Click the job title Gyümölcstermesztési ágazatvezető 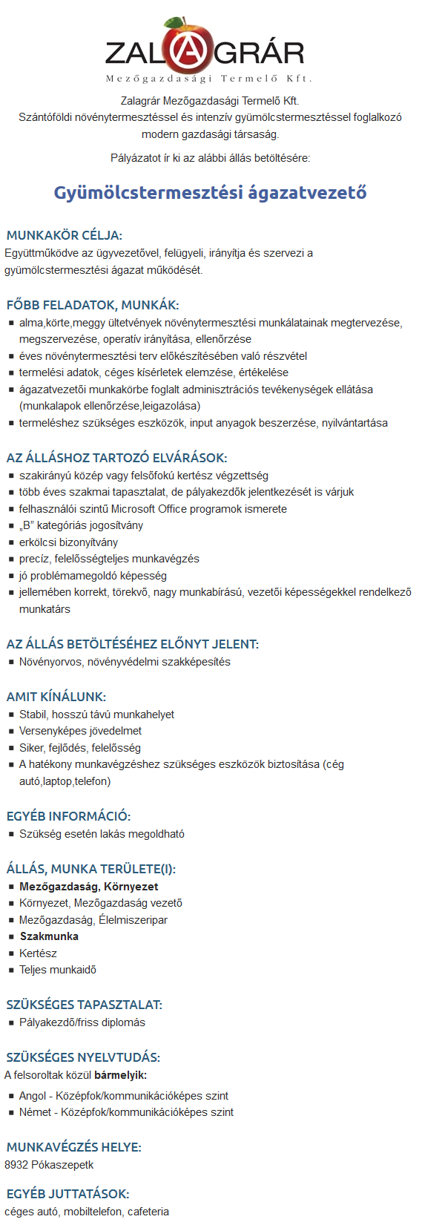[210, 193]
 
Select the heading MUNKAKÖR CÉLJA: [64, 235]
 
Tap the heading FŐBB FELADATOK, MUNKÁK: [93, 305]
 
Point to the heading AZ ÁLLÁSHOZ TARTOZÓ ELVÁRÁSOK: [116, 458]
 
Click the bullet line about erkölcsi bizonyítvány [68, 542]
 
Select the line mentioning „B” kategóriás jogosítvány [81, 525]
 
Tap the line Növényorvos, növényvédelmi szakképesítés [125, 662]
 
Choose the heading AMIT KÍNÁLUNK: [56, 697]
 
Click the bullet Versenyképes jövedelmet [80, 731]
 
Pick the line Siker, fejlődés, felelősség [79, 748]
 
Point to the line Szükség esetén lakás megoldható [102, 834]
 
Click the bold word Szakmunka [49, 936]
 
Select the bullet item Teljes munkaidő [58, 970]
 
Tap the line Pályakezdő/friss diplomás [82, 1022]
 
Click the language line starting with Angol [123, 1096]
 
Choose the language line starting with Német [126, 1112]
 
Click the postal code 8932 [16, 1165]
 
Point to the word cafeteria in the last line [148, 1212]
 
